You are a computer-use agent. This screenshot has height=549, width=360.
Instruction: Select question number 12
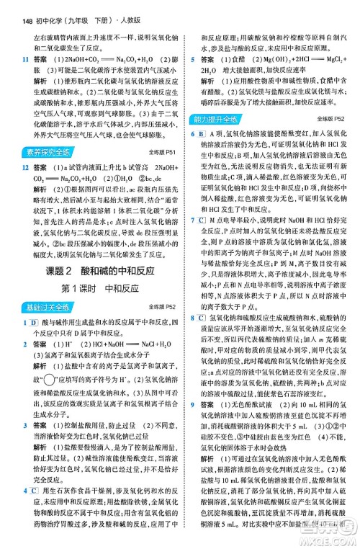(x=25, y=166)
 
